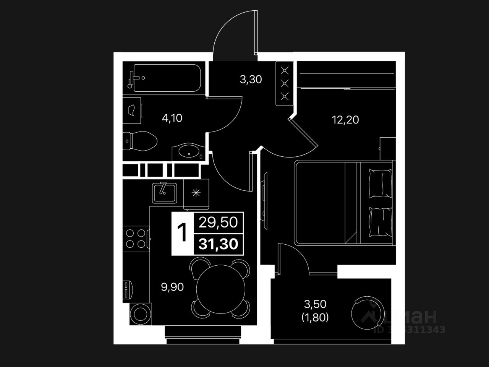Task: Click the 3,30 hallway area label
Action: point(251,80)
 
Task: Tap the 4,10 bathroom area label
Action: point(172,118)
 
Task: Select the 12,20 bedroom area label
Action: point(345,120)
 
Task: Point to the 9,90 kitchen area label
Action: point(172,287)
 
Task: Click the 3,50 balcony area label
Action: point(315,304)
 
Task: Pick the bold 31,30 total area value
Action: point(218,244)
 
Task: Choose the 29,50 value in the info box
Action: point(218,222)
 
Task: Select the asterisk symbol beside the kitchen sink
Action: point(196,193)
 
